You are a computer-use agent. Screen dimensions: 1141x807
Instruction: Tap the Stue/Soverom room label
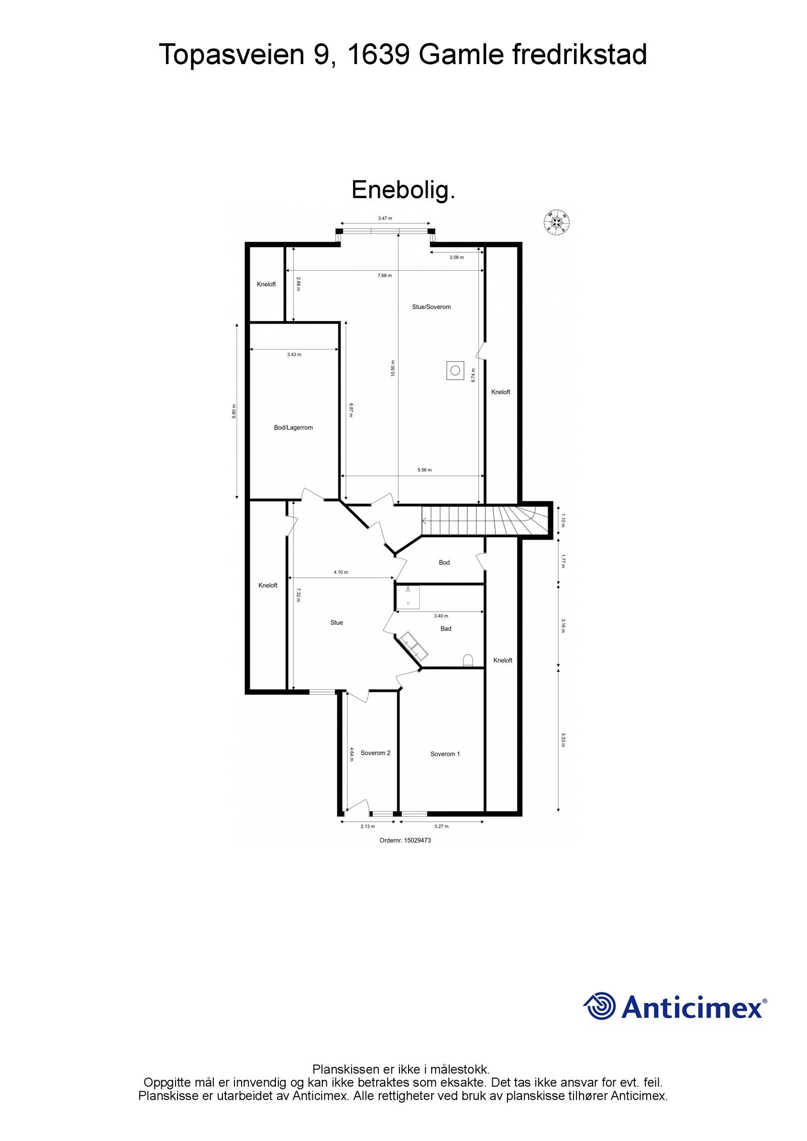click(x=431, y=307)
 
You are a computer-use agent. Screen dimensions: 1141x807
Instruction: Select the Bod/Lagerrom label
click(x=293, y=428)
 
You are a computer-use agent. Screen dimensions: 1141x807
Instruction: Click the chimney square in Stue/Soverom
click(x=455, y=371)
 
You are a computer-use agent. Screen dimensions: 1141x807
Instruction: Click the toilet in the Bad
click(x=468, y=660)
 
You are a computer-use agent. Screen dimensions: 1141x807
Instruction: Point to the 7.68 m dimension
click(x=384, y=275)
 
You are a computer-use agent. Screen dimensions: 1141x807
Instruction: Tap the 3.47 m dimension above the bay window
click(x=385, y=218)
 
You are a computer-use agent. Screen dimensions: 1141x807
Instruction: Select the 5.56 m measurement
click(x=424, y=470)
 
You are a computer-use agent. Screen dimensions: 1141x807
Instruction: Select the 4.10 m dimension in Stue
click(x=341, y=572)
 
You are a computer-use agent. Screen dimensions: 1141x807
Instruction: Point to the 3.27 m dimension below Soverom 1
click(x=441, y=826)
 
